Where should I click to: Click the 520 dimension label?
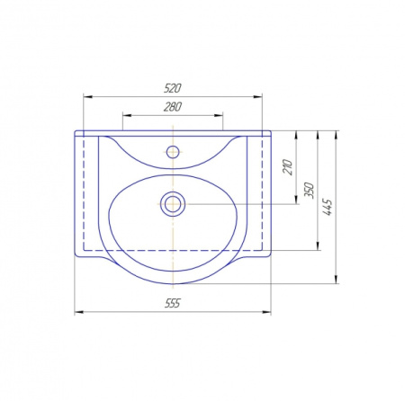pyautogui.click(x=173, y=88)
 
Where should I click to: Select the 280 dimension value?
pyautogui.click(x=173, y=107)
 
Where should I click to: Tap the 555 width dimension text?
pyautogui.click(x=173, y=303)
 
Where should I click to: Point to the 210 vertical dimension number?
pyautogui.click(x=287, y=167)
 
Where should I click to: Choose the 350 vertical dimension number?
pyautogui.click(x=309, y=190)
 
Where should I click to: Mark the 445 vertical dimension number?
pyautogui.click(x=328, y=207)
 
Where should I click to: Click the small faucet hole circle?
pyautogui.click(x=173, y=152)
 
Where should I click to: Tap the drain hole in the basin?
pyautogui.click(x=173, y=204)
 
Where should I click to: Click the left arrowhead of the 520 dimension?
pyautogui.click(x=87, y=97)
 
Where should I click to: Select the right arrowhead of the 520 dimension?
pyautogui.click(x=257, y=97)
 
